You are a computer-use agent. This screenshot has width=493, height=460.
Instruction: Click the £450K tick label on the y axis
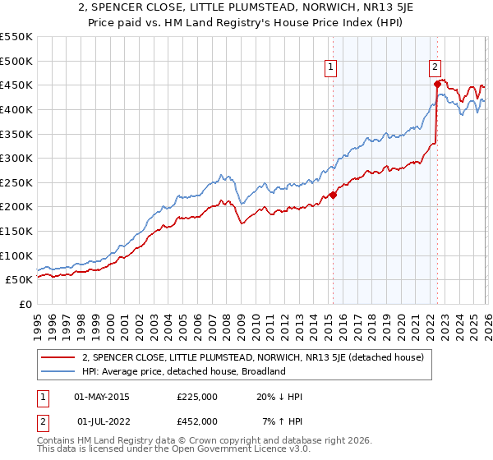[16, 85]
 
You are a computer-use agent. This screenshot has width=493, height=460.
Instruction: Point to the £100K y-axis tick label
[16, 255]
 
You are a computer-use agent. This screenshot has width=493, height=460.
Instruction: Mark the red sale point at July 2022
[437, 83]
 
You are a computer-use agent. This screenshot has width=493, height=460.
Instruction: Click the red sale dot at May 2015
[333, 195]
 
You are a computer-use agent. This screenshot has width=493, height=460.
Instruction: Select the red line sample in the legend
[58, 357]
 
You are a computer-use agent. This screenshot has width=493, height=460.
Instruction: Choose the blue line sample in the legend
[58, 371]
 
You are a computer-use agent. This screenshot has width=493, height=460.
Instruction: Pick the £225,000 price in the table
[196, 397]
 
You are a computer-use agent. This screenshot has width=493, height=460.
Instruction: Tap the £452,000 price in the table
[196, 421]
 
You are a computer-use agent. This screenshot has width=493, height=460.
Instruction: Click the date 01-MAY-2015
[102, 397]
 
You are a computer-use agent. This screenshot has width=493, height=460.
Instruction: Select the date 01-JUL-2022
[102, 421]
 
